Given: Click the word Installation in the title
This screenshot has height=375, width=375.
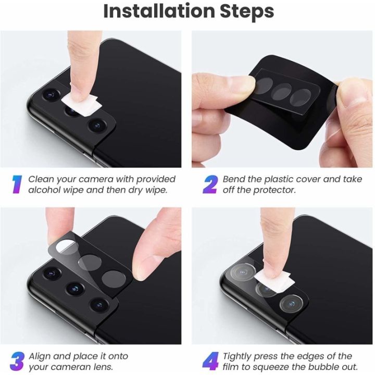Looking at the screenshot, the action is [x=159, y=11].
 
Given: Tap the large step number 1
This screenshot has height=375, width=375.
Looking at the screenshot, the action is [x=17, y=184].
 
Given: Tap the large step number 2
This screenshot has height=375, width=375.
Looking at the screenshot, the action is [x=210, y=184].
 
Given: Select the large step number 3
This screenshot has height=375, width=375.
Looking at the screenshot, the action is [x=18, y=361].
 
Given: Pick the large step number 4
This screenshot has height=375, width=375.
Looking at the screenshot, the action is [x=211, y=361].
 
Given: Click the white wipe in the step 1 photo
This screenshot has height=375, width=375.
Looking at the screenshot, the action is [x=82, y=105].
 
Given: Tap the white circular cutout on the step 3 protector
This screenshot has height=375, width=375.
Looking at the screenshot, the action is [x=66, y=245].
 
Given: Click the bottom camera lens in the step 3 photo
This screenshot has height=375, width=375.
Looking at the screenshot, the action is [x=99, y=305].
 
